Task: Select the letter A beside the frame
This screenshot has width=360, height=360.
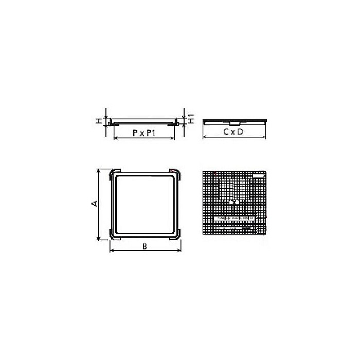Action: click(94, 204)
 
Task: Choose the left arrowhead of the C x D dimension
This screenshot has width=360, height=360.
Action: click(205, 138)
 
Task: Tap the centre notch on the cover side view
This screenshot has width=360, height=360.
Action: click(233, 123)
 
